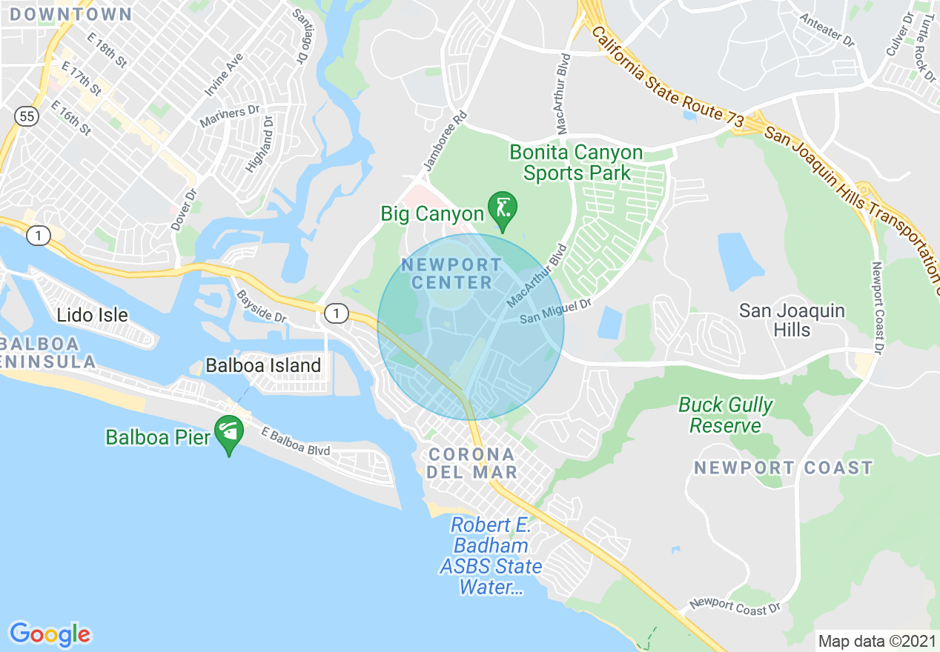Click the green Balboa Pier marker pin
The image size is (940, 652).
click(x=228, y=432)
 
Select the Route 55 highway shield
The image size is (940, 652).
click(x=26, y=116)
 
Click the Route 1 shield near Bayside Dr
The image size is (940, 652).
click(x=336, y=314)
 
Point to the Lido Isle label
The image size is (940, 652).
click(x=92, y=316)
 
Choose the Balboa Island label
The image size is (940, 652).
click(x=263, y=365)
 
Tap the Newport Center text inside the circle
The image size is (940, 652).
click(x=451, y=273)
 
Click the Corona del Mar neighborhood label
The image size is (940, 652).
click(x=471, y=463)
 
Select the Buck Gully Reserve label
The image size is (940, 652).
click(x=725, y=416)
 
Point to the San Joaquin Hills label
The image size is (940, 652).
click(x=792, y=320)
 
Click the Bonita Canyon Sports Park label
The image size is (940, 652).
click(x=576, y=163)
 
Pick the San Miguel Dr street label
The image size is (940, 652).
click(x=556, y=311)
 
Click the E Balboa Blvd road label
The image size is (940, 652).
click(x=295, y=441)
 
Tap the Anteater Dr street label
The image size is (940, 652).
click(x=827, y=30)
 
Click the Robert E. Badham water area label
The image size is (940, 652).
click(x=490, y=556)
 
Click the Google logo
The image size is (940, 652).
click(x=50, y=634)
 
